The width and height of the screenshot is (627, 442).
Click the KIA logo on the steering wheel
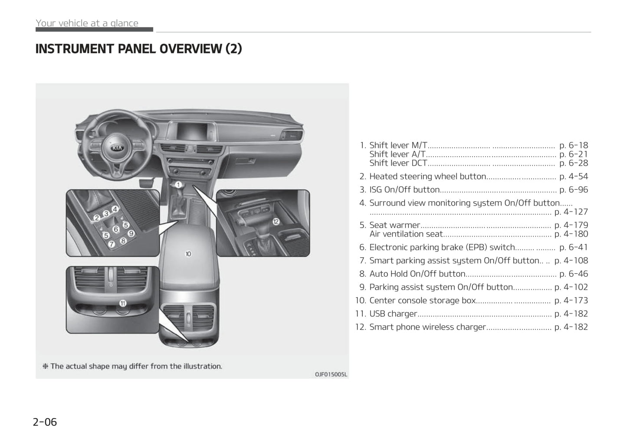(117, 148)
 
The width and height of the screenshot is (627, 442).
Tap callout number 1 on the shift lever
(178, 185)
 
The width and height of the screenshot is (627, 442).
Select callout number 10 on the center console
(188, 254)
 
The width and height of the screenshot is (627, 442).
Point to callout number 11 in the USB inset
(123, 304)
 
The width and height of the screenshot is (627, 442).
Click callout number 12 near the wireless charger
(276, 222)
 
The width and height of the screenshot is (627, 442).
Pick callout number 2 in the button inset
(97, 218)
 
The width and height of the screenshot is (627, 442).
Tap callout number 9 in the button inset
(131, 233)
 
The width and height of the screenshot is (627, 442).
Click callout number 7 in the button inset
(112, 244)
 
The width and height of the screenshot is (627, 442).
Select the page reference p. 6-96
(574, 190)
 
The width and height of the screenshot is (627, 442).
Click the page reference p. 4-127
(571, 212)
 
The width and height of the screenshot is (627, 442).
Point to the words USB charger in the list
(393, 314)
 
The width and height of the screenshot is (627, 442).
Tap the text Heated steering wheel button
(428, 176)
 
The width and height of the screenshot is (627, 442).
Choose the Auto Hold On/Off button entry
(417, 274)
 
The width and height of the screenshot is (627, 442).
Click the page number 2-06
(45, 422)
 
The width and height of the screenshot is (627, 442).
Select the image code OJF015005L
(331, 374)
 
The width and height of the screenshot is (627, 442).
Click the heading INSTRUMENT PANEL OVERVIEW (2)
(138, 49)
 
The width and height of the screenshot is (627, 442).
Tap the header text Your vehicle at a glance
(87, 23)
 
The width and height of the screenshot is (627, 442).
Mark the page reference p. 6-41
(574, 247)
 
